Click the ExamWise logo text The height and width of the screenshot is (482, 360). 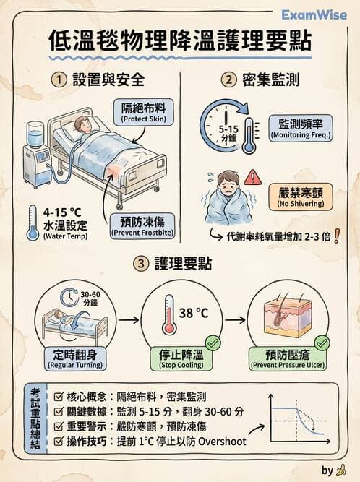314,14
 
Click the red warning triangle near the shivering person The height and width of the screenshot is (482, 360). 252,176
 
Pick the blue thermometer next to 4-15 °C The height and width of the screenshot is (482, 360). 32,223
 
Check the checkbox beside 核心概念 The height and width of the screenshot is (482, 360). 59,397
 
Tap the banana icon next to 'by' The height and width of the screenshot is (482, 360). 341,470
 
